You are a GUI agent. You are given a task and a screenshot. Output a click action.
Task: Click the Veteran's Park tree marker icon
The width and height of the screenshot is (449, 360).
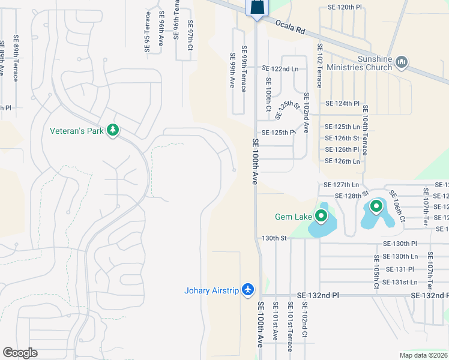(x=112, y=130)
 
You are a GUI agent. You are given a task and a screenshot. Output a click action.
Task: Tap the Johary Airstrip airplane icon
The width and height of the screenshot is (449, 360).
(x=248, y=290)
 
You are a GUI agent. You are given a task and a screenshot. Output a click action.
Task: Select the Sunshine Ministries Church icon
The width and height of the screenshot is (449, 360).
(x=402, y=62)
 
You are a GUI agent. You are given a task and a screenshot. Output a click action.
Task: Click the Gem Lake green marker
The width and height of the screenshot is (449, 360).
(x=321, y=215)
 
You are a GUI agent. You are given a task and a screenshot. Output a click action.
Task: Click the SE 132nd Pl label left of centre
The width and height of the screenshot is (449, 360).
(x=318, y=296)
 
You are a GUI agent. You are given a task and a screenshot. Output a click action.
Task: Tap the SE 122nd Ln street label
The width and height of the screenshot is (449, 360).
(x=280, y=68)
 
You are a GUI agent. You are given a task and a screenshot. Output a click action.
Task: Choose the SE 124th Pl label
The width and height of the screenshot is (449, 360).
(x=342, y=103)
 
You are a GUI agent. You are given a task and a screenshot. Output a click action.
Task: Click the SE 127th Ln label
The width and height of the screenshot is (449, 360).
(x=341, y=185)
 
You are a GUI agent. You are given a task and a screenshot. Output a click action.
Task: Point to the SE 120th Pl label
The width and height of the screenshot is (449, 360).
(x=346, y=7)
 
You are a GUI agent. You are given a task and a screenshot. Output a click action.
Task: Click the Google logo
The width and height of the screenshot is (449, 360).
(x=20, y=352)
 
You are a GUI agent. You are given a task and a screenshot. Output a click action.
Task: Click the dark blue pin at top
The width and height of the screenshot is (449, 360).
(x=256, y=8)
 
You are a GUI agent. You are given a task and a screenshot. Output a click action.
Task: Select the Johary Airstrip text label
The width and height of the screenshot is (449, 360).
(x=211, y=292)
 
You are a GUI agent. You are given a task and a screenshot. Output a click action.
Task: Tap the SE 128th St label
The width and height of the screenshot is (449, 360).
(x=351, y=196)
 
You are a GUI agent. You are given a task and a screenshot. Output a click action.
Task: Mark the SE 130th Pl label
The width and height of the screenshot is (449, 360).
(x=400, y=244)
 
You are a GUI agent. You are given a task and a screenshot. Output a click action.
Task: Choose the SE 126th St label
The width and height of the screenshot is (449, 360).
(x=342, y=138)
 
